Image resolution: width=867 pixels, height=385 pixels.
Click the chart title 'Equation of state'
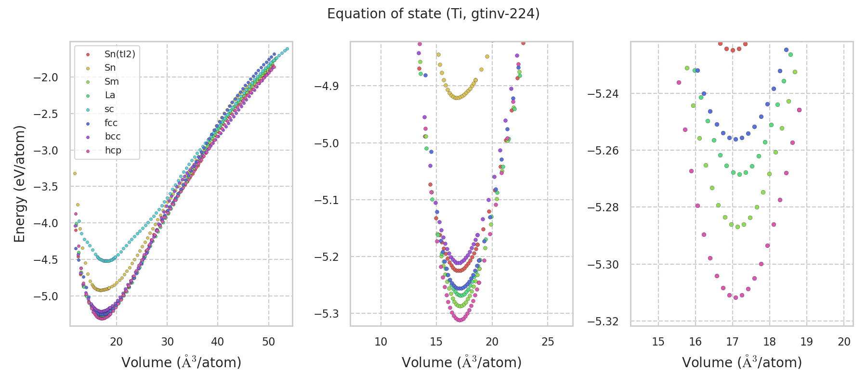(x=433, y=14)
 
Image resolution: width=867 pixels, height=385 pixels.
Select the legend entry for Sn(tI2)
(x=119, y=54)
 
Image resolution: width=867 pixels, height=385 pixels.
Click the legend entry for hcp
(x=113, y=150)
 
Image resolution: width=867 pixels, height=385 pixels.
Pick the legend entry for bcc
(x=113, y=137)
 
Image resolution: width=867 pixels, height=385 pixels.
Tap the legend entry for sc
(x=109, y=109)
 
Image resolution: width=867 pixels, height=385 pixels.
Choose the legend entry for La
(x=110, y=95)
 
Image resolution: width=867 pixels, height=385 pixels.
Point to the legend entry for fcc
(x=111, y=123)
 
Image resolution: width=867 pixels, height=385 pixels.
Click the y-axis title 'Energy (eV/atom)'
(x=19, y=184)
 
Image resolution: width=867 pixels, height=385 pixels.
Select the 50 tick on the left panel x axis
(x=268, y=342)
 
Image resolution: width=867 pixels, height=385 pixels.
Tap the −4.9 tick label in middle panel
(x=326, y=86)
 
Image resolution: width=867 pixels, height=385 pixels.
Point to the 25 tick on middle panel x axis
(x=548, y=342)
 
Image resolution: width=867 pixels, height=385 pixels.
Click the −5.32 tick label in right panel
(x=603, y=321)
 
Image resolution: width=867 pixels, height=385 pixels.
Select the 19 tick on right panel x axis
(x=807, y=342)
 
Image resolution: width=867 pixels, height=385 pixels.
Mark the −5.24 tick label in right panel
(x=603, y=93)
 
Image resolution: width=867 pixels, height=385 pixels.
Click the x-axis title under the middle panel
(x=461, y=362)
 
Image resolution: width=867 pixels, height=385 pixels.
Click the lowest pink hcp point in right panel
(x=736, y=297)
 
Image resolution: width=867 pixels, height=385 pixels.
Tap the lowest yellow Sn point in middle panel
(x=456, y=98)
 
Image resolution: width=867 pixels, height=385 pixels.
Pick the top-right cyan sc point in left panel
(x=287, y=49)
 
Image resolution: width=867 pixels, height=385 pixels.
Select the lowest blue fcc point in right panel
(x=736, y=139)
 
